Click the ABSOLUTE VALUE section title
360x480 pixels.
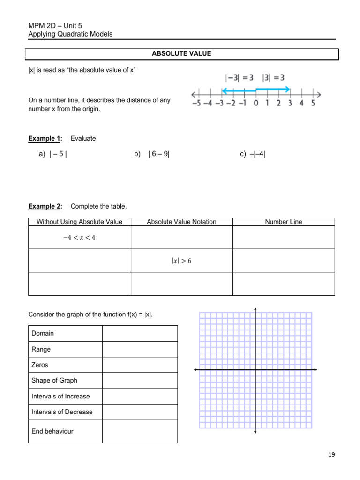click(x=181, y=54)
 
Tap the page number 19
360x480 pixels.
click(x=332, y=454)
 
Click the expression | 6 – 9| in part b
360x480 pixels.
click(x=159, y=154)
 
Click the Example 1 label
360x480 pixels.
click(x=45, y=138)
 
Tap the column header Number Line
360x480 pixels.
click(x=284, y=222)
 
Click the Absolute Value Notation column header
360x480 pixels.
click(x=181, y=222)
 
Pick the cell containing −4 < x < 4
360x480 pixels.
click(x=79, y=237)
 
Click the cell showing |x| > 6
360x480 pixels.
click(x=181, y=261)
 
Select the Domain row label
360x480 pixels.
click(x=43, y=333)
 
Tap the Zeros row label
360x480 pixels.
click(x=40, y=365)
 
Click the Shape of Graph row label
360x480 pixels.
click(x=54, y=381)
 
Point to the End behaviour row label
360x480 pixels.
click(x=52, y=431)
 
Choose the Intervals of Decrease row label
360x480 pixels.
click(x=62, y=412)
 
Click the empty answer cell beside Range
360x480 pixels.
click(x=140, y=349)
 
